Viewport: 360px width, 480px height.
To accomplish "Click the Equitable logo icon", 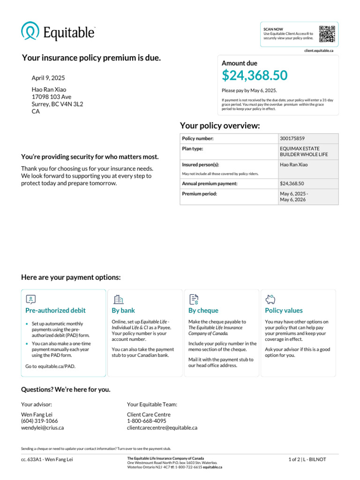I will click(30, 31).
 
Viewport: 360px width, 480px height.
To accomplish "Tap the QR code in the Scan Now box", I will click(327, 34).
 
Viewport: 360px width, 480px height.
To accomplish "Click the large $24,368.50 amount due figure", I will click(255, 75).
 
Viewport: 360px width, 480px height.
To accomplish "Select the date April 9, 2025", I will click(48, 78).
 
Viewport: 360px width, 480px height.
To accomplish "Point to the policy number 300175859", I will click(292, 139).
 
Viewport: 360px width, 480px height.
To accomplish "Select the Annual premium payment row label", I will click(210, 184).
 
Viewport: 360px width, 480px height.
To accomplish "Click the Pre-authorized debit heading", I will click(55, 310).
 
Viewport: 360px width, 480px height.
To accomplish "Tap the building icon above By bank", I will click(119, 299).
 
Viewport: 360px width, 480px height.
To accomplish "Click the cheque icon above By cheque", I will click(194, 299).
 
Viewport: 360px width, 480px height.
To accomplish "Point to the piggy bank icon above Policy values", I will click(270, 299).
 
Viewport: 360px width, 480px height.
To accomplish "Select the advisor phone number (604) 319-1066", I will click(39, 421).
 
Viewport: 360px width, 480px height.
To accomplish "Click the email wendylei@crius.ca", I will click(42, 427).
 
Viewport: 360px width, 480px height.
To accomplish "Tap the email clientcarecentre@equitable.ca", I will click(162, 427).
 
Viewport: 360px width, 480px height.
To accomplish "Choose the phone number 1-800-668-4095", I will click(146, 421).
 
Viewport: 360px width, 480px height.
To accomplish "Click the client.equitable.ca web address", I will click(318, 50).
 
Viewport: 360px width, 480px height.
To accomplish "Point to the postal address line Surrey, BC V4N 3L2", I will click(57, 104).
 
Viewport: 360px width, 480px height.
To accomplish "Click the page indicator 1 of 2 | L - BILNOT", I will click(307, 459).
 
